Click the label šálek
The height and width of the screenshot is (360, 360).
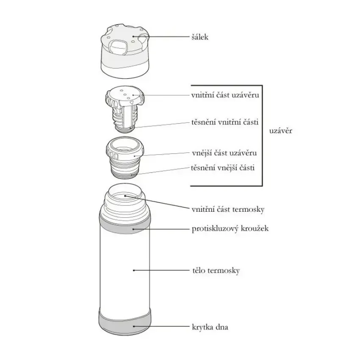point(199,37)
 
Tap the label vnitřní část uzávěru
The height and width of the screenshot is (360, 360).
point(224,95)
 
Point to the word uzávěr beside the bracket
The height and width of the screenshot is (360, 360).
point(280,131)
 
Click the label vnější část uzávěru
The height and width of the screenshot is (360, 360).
point(224,152)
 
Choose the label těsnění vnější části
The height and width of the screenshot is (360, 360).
point(223,168)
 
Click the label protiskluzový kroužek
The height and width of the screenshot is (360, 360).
point(230,229)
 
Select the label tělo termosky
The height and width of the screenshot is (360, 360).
point(216,270)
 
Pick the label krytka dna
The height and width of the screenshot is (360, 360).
point(210,327)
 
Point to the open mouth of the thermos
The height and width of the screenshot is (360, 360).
point(126,196)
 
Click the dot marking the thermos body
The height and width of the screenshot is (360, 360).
point(134,270)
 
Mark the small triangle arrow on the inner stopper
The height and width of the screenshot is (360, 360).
point(132,102)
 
